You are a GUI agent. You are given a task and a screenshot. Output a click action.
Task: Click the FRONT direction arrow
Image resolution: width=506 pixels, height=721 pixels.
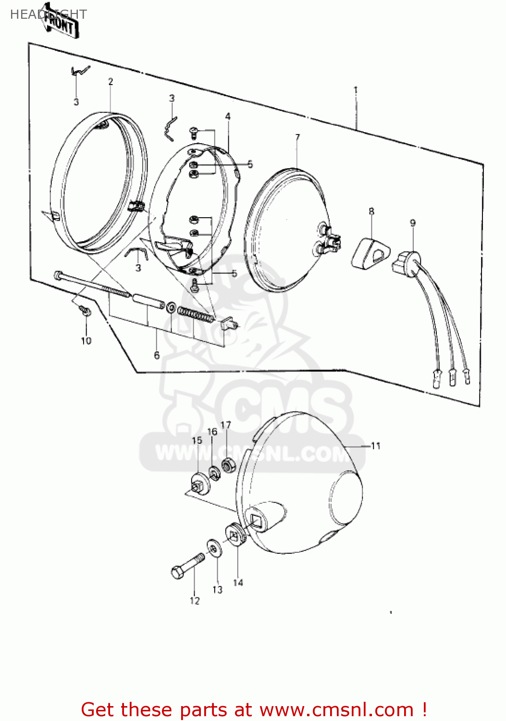61,22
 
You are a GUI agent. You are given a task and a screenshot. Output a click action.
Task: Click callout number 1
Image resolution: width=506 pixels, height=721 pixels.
356,90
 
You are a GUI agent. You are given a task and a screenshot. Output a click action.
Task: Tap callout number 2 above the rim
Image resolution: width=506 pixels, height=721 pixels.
111,82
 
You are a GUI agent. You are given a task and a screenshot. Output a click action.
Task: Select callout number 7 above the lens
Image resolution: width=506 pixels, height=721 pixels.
297,137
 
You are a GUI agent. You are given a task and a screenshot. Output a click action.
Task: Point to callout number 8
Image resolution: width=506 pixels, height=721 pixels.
371,211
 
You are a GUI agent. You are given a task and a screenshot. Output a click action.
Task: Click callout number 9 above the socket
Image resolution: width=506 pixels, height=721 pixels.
413,223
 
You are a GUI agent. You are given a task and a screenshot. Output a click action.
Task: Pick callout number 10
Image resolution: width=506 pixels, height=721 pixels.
86,341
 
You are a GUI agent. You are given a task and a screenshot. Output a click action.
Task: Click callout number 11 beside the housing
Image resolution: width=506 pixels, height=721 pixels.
376,446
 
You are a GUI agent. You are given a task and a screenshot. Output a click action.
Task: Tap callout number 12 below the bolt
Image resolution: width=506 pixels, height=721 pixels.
194,601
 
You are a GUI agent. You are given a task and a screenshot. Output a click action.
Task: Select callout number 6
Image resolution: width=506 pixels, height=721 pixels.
157,355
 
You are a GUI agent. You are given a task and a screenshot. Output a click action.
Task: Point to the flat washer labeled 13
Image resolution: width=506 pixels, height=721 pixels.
214,548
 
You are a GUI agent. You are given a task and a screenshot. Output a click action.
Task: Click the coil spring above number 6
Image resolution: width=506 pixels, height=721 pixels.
195,314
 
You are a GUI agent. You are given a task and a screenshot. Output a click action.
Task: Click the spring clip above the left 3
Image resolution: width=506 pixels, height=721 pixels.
80,71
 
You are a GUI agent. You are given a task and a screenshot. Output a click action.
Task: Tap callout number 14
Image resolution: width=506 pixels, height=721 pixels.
238,583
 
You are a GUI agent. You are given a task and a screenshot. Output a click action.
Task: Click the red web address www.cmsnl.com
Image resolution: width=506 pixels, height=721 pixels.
336,710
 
